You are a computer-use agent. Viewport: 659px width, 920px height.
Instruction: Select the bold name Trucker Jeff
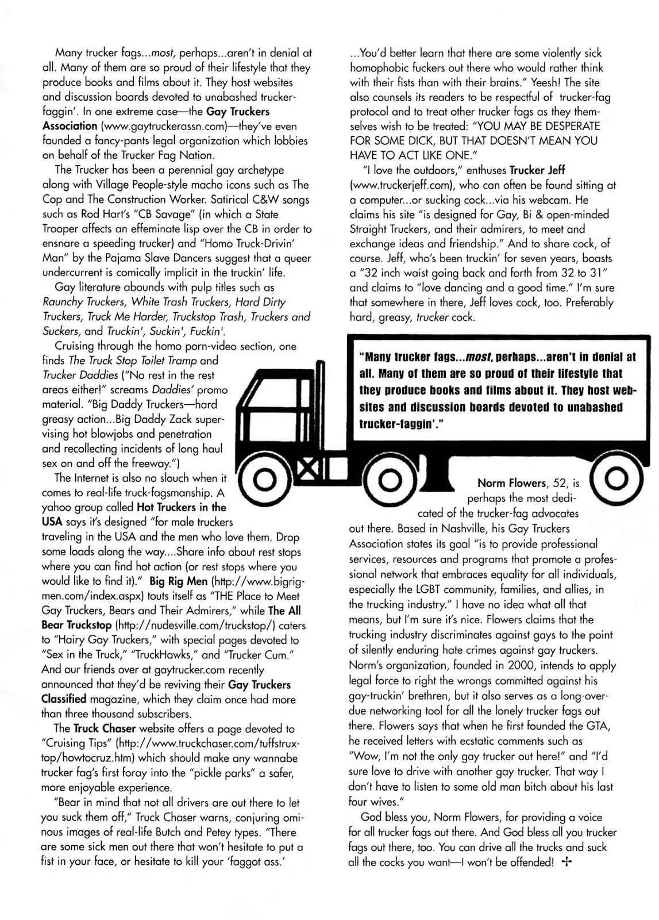537,170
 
